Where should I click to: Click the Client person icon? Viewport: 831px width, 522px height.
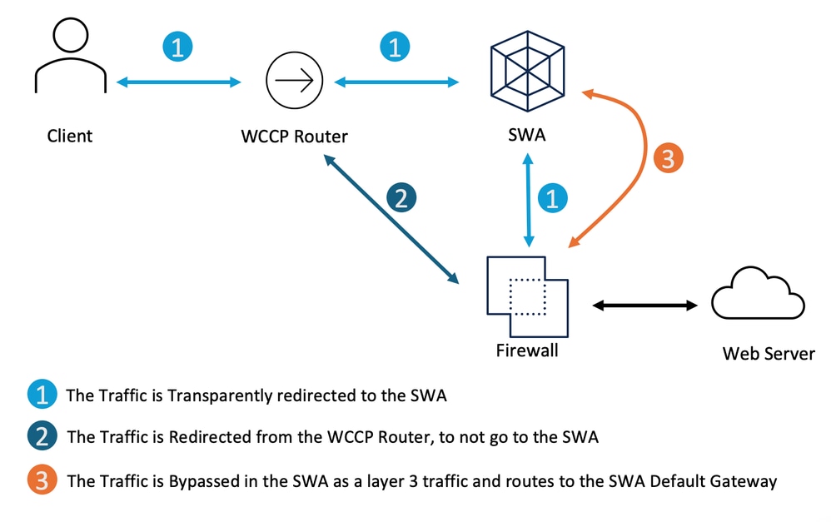pyautogui.click(x=69, y=57)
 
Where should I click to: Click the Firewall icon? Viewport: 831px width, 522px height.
pyautogui.click(x=527, y=296)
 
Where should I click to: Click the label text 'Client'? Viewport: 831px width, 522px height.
pyautogui.click(x=70, y=136)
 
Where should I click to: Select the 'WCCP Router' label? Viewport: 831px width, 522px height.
pyautogui.click(x=289, y=136)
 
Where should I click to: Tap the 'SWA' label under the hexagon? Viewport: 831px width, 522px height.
pyautogui.click(x=526, y=136)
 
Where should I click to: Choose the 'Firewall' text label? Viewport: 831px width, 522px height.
pyautogui.click(x=527, y=351)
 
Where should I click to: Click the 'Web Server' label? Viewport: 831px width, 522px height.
pyautogui.click(x=769, y=355)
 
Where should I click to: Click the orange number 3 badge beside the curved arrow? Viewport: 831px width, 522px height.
pyautogui.click(x=668, y=158)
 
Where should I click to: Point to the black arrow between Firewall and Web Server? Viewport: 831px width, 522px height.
pyautogui.click(x=644, y=306)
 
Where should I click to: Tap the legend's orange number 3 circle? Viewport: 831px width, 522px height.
pyautogui.click(x=42, y=480)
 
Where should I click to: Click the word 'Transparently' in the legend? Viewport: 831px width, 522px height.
pyautogui.click(x=216, y=395)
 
